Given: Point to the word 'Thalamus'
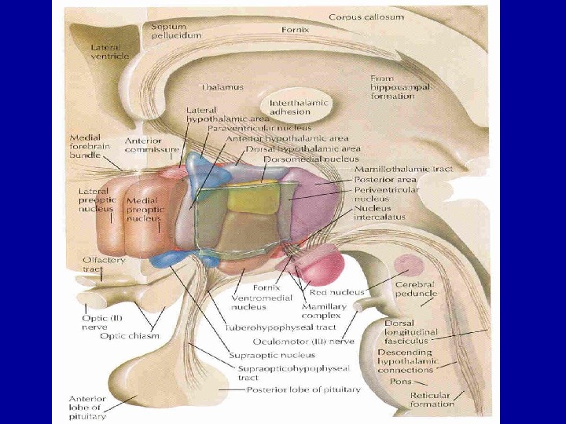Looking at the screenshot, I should coord(222,86).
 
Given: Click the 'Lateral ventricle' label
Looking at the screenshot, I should coord(109,52).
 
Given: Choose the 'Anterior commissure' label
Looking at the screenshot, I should coord(152,145).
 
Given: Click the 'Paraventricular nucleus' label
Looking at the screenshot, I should coord(259,127).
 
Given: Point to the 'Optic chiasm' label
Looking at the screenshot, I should coord(130,336).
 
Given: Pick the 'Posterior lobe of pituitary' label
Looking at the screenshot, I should coord(303,389).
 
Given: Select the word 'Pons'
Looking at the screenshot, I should coord(400,381).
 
